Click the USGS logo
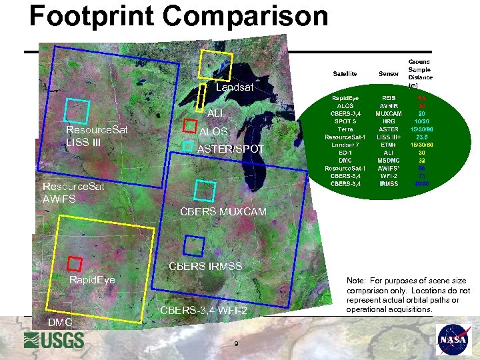54,340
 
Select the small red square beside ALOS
189,126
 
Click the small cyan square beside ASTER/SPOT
188,145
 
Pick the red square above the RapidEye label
74,263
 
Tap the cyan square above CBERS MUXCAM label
204,190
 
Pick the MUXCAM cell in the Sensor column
389,113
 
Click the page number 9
237,343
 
